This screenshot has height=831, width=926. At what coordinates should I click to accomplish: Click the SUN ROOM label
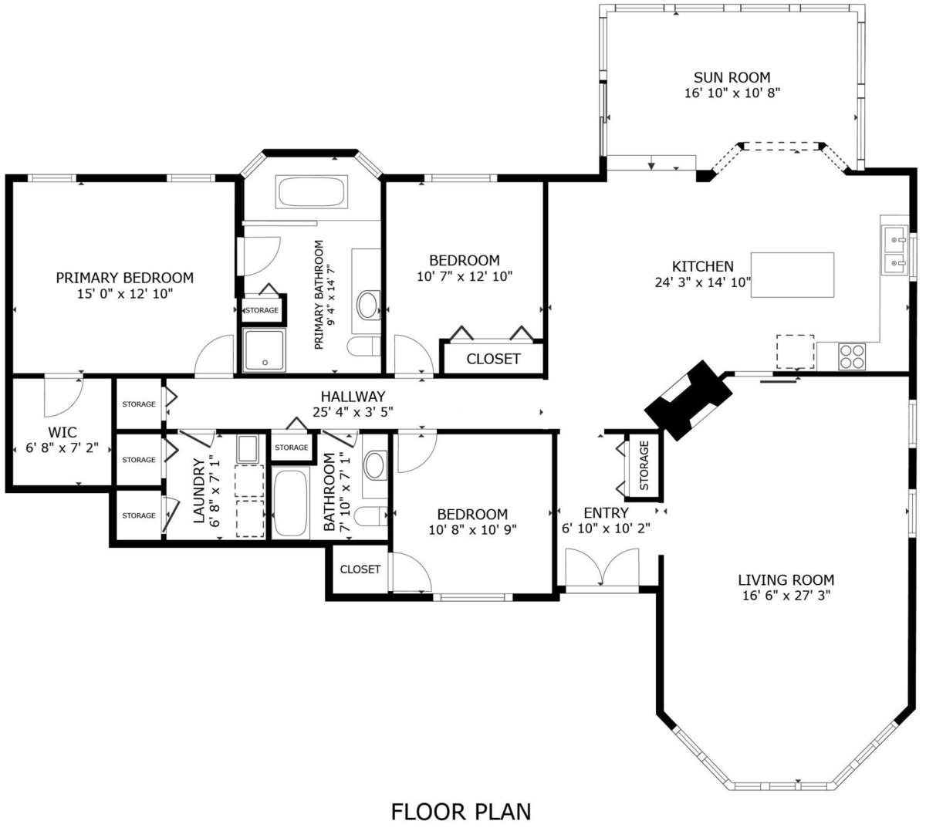tap(732, 77)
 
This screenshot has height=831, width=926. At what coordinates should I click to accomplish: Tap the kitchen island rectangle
tap(793, 275)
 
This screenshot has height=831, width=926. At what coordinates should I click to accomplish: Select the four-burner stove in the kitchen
tap(852, 356)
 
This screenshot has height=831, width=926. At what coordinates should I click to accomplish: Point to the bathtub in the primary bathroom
tap(312, 192)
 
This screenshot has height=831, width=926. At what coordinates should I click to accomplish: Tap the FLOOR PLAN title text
tap(461, 811)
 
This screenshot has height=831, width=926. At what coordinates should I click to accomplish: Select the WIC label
tap(63, 432)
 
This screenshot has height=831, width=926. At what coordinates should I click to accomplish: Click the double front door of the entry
tap(601, 569)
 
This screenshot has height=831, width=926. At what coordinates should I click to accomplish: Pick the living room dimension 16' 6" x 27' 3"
tap(786, 596)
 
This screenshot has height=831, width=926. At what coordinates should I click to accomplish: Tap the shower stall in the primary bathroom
tap(264, 350)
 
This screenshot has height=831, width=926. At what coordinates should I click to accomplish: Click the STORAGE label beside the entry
tap(644, 464)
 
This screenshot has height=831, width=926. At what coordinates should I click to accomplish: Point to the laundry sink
tap(247, 448)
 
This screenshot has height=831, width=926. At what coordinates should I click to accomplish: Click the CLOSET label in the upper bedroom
tap(493, 359)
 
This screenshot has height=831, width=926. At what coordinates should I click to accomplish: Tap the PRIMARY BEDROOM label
tap(124, 278)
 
